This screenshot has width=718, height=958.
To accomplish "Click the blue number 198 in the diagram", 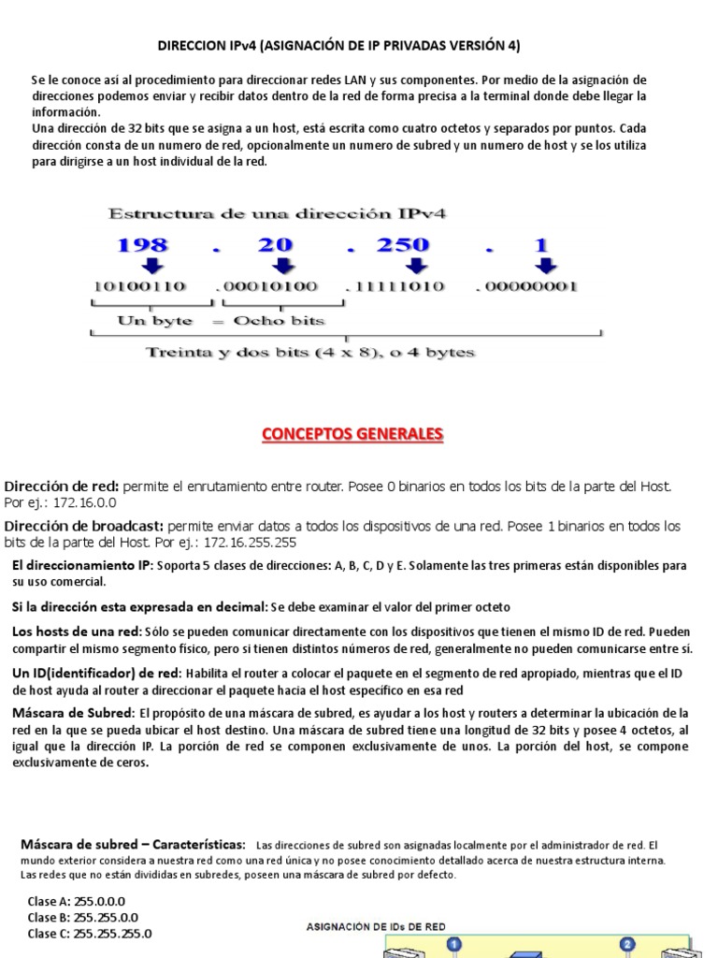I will [142, 245].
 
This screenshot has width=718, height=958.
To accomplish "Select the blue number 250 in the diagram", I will [402, 245].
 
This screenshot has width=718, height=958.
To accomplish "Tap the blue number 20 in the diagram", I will [276, 245].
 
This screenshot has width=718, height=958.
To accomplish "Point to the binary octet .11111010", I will [395, 286].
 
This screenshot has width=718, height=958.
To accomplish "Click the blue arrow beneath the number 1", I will [544, 266].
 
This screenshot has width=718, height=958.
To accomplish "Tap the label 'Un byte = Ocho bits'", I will [221, 321].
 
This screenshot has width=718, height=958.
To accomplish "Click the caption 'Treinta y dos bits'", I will [310, 353].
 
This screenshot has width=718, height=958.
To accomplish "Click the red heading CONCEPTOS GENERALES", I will [352, 434].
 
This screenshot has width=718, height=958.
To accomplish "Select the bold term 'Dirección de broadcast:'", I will [84, 526].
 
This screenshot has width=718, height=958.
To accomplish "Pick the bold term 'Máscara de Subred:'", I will [73, 713].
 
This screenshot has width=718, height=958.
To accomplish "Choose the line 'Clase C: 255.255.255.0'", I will [90, 933].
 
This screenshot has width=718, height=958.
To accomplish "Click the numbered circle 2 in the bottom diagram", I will [627, 945].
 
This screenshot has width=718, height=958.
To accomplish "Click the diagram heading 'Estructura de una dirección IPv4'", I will [278, 213].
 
